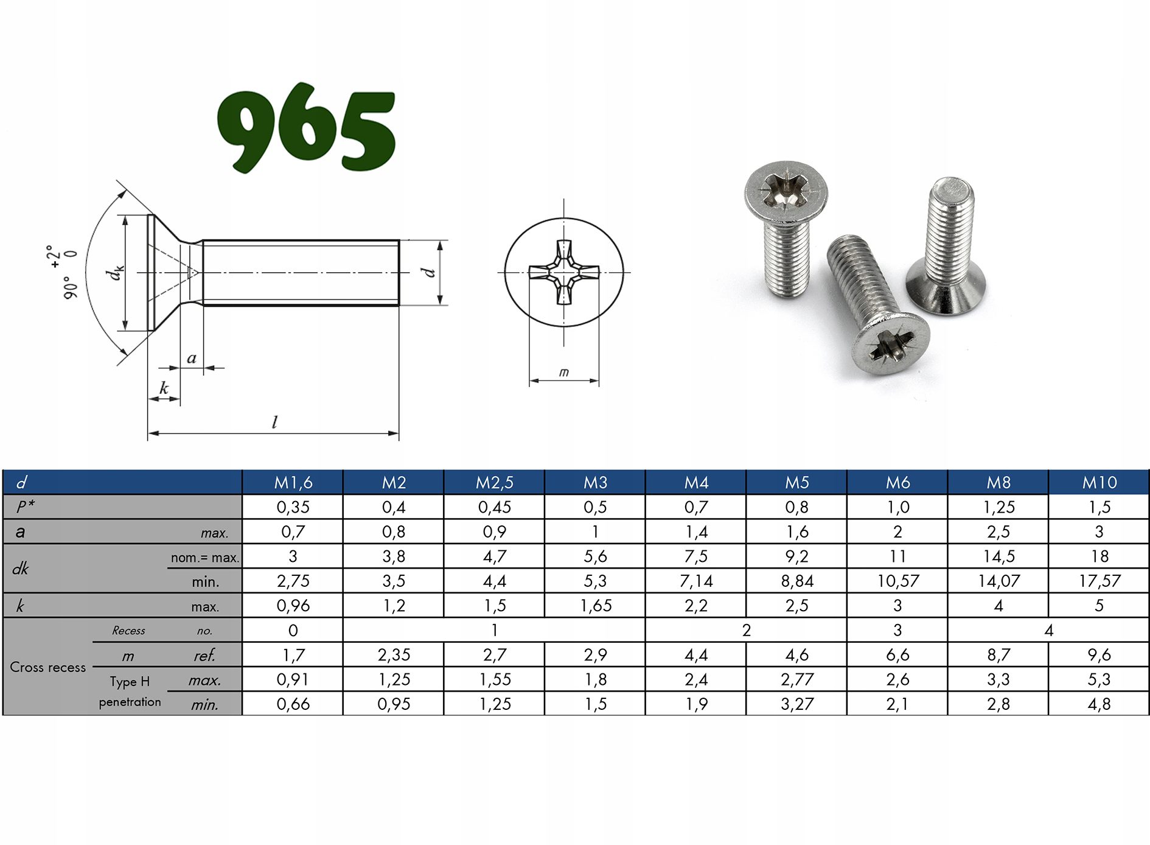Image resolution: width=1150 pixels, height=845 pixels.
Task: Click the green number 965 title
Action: tap(307, 128)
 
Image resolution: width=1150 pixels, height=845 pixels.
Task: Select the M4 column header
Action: tap(696, 483)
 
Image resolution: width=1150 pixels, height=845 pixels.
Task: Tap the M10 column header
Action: tap(1099, 483)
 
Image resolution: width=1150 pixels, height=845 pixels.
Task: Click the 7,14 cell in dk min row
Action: tap(696, 581)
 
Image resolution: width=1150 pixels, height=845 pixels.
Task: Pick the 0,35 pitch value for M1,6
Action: tap(293, 507)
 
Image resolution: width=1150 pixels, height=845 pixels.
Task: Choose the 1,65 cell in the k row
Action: tap(596, 606)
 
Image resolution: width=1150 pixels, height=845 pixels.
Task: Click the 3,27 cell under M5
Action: tap(797, 704)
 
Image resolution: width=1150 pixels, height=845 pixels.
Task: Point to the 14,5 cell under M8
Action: tap(998, 556)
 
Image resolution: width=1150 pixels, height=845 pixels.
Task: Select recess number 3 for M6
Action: tap(897, 630)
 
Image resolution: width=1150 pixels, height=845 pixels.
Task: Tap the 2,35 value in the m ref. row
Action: tap(394, 655)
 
